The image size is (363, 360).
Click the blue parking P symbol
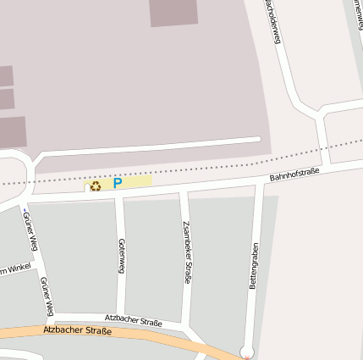[x=118, y=182]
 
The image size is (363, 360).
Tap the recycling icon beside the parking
[x=96, y=186]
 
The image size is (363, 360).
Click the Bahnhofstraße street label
[x=294, y=175]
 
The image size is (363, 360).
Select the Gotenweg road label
[x=122, y=256]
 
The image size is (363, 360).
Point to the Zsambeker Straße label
[x=187, y=252]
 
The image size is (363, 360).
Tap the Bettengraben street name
[x=253, y=265]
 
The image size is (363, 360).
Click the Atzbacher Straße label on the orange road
[x=76, y=330]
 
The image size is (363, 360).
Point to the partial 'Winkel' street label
[x=14, y=269]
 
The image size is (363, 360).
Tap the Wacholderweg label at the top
[x=272, y=21]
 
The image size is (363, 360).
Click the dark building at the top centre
[x=173, y=12]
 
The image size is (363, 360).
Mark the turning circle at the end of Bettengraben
[x=247, y=351]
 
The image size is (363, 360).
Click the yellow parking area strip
[x=135, y=181]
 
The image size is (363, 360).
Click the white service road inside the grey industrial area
[x=152, y=146]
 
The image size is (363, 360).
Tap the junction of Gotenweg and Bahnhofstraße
[x=119, y=194]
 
